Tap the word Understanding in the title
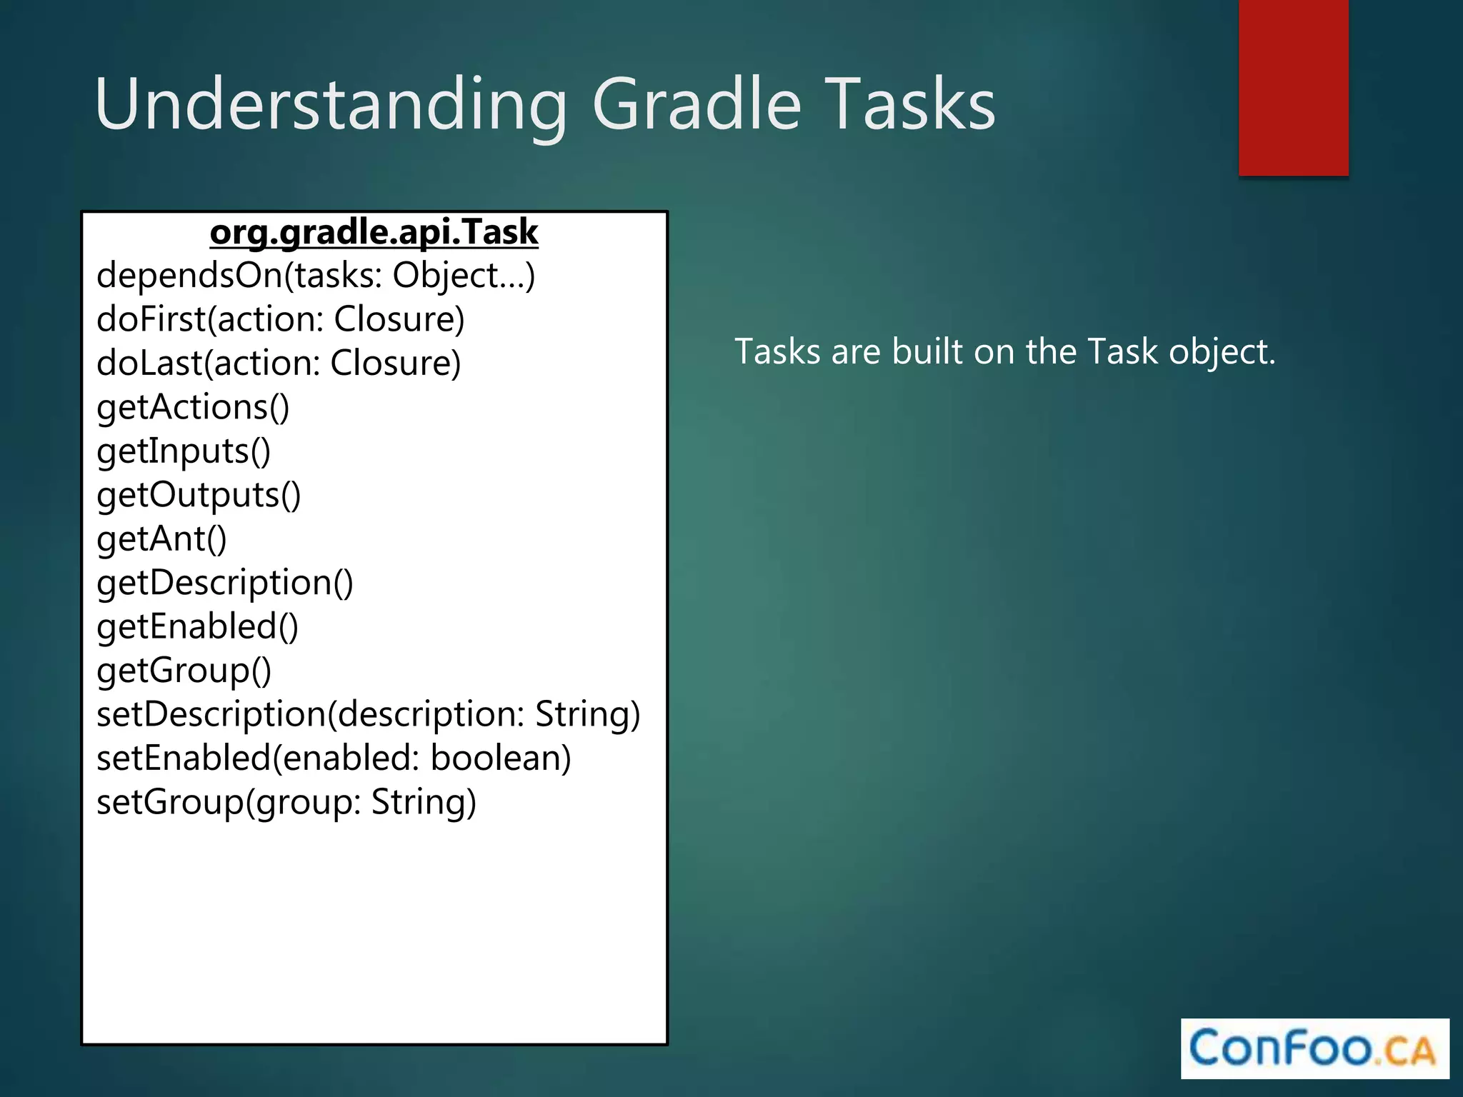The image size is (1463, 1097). (330, 105)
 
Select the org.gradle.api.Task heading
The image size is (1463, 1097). (374, 232)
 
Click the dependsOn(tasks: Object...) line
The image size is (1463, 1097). (316, 276)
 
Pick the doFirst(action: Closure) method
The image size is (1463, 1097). (280, 319)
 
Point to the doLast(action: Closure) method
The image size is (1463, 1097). (279, 364)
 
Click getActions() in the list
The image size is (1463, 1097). (193, 407)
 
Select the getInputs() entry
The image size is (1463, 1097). (184, 451)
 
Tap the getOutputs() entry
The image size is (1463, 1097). (199, 495)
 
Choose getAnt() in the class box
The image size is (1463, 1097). (161, 539)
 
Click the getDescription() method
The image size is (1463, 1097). (224, 583)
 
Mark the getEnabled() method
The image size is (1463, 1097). (197, 627)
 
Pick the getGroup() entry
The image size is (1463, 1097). (184, 671)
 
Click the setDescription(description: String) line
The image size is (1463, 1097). (368, 714)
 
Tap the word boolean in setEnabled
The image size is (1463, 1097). (501, 758)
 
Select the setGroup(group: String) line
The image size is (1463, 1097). (286, 802)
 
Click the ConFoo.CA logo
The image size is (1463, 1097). (1314, 1048)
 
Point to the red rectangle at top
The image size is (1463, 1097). (1293, 87)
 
